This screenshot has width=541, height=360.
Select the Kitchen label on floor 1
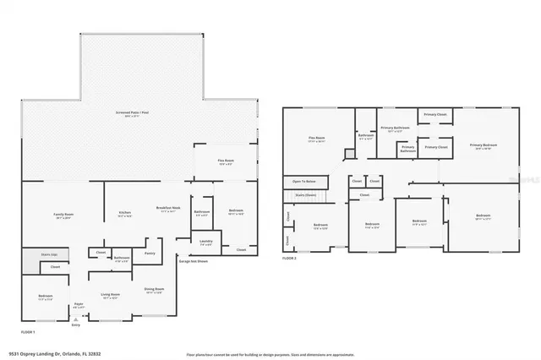[x=124, y=213]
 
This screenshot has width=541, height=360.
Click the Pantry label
[x=150, y=252]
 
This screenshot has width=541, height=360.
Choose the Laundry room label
[x=205, y=242]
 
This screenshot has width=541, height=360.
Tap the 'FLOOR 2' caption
[x=289, y=257]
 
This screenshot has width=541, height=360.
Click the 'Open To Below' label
[x=304, y=181]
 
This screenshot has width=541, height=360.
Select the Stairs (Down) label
[x=303, y=194]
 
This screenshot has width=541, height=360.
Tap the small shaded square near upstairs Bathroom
[x=348, y=153]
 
